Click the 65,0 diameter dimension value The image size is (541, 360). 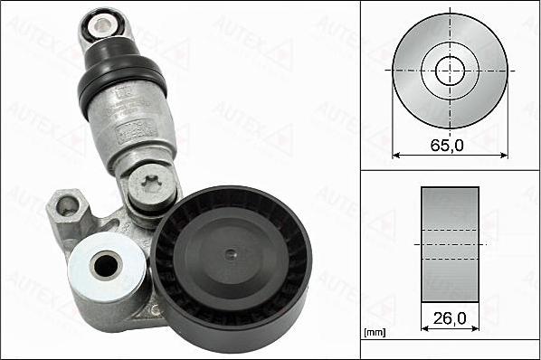pyautogui.click(x=449, y=144)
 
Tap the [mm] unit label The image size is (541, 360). pyautogui.click(x=374, y=333)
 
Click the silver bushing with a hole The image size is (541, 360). pyautogui.click(x=107, y=265)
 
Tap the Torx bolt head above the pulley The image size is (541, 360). pyautogui.click(x=150, y=189)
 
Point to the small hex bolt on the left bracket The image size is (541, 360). pyautogui.click(x=68, y=207)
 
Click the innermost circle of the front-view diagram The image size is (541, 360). pyautogui.click(x=450, y=70)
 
